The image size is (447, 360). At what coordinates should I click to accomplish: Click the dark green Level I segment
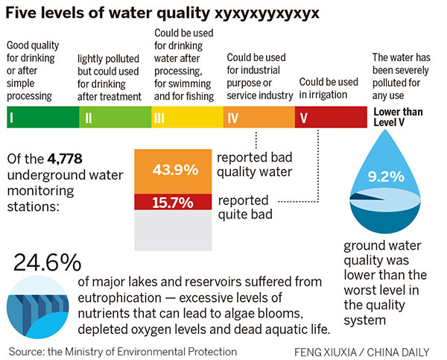[x=42, y=118]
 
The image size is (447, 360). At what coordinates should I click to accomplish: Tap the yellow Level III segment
[x=187, y=118]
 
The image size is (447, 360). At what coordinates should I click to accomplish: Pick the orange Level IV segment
[x=259, y=118]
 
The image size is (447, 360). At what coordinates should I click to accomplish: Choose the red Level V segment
[x=331, y=118]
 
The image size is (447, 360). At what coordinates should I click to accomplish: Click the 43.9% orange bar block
[x=172, y=170]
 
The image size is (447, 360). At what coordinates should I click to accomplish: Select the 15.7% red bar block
[x=172, y=201]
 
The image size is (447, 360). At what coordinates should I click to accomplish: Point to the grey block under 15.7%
[x=172, y=230]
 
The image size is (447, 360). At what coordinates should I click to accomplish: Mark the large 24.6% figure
[x=46, y=264]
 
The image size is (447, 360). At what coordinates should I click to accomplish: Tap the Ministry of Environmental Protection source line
[x=123, y=350]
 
